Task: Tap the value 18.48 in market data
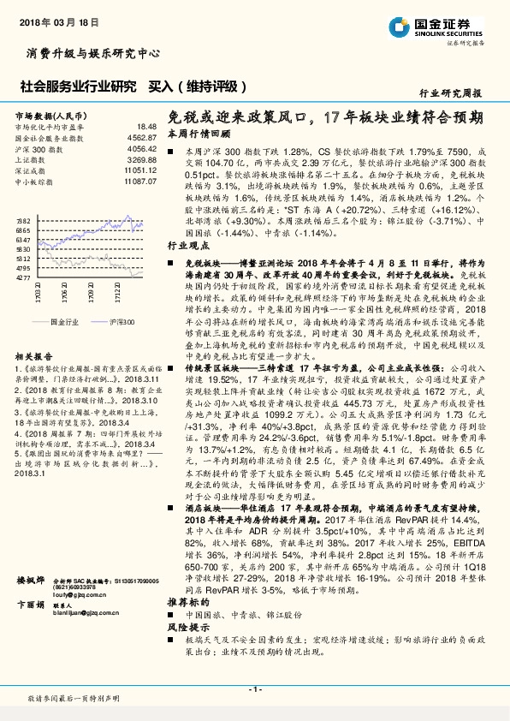(x=146, y=127)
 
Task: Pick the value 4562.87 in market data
(x=142, y=137)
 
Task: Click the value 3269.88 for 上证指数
(x=142, y=159)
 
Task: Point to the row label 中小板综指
(x=34, y=182)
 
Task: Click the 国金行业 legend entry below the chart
(x=63, y=320)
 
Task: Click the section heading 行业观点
(x=185, y=244)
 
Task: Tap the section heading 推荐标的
(x=185, y=627)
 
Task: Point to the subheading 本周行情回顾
(x=199, y=134)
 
